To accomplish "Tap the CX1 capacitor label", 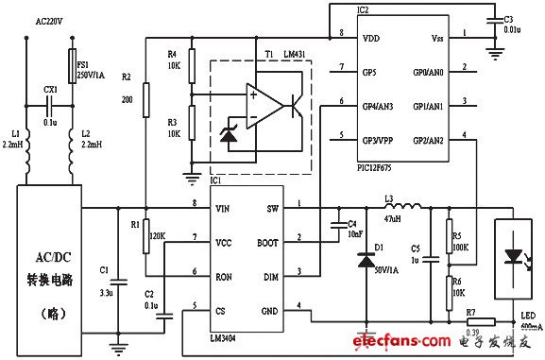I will click(x=50, y=89).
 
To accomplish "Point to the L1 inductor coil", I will click(x=26, y=147).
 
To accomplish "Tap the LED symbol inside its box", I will click(x=512, y=252).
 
